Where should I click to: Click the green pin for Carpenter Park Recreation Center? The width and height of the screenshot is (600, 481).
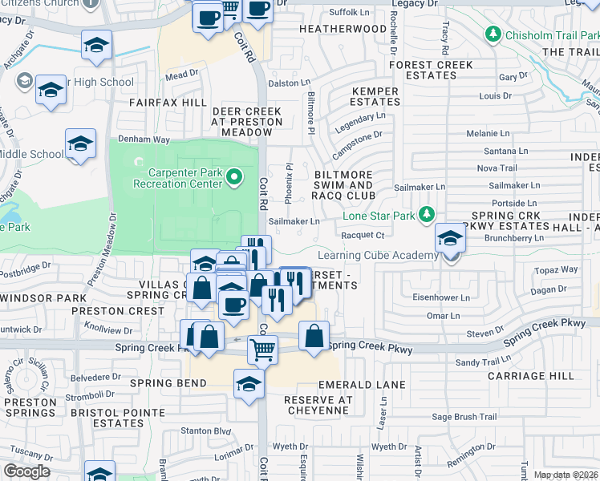tap(234, 176)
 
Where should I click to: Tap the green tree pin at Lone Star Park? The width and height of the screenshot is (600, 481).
tap(427, 215)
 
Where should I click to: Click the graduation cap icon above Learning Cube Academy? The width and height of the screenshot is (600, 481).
tap(451, 238)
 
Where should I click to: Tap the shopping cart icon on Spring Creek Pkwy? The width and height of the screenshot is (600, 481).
tap(263, 350)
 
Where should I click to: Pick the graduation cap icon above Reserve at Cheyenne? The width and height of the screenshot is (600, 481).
tap(249, 384)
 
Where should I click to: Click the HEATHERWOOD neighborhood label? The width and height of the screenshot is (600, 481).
tap(343, 29)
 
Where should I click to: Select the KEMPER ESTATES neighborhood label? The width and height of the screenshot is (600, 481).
tap(375, 97)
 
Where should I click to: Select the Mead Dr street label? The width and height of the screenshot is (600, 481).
tap(181, 74)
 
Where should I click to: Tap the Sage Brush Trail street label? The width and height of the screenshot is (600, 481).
tap(464, 416)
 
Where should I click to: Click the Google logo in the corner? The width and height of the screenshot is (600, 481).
tap(26, 471)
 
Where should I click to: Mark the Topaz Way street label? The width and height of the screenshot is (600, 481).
tap(557, 270)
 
